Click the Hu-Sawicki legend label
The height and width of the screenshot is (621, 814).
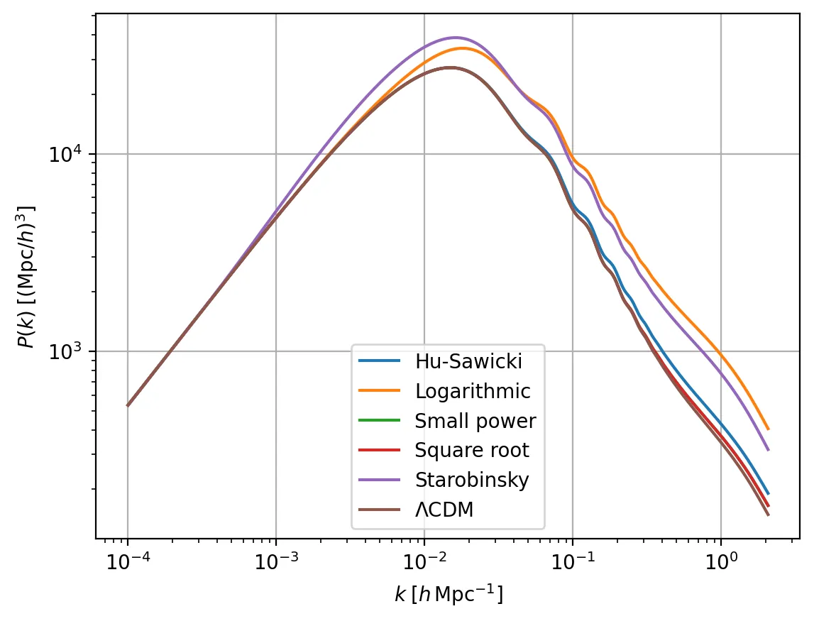coord(468,361)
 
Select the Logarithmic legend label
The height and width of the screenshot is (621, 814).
coord(472,391)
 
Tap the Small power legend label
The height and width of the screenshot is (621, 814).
coord(475,421)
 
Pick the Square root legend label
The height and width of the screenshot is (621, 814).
coord(471,450)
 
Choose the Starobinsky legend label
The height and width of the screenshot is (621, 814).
coord(472,480)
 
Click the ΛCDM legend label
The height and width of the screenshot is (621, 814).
coord(444,510)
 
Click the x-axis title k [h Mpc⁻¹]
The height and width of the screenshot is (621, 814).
coord(449,595)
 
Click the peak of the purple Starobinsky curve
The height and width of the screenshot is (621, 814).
coord(455,38)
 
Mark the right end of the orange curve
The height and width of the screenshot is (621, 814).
coord(768,429)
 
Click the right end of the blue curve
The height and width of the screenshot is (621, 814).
coord(768,494)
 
